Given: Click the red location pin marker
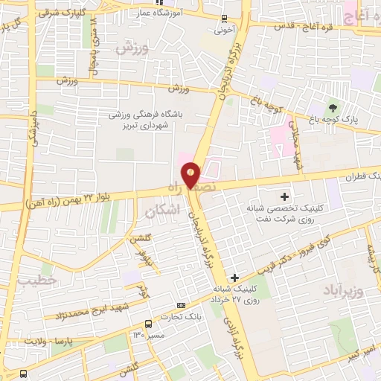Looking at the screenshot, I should (191, 175).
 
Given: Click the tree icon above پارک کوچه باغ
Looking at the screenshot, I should (333, 109).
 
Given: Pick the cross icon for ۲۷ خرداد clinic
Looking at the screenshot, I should (235, 277).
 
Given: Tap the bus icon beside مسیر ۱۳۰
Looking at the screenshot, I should (149, 324).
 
